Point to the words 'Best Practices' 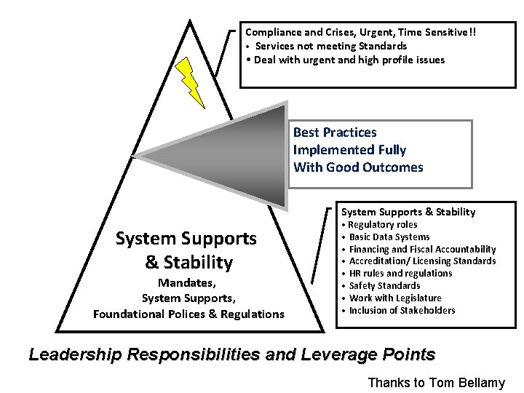point(335,132)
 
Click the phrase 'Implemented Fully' point(349,150)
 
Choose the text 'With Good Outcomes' point(357,167)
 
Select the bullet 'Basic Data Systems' point(389,237)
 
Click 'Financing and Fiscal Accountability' point(422,249)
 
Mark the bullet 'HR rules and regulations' point(400,274)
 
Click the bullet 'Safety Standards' point(384,286)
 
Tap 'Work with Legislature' point(395,298)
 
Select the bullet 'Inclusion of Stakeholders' point(402,311)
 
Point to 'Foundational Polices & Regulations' point(188,314)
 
